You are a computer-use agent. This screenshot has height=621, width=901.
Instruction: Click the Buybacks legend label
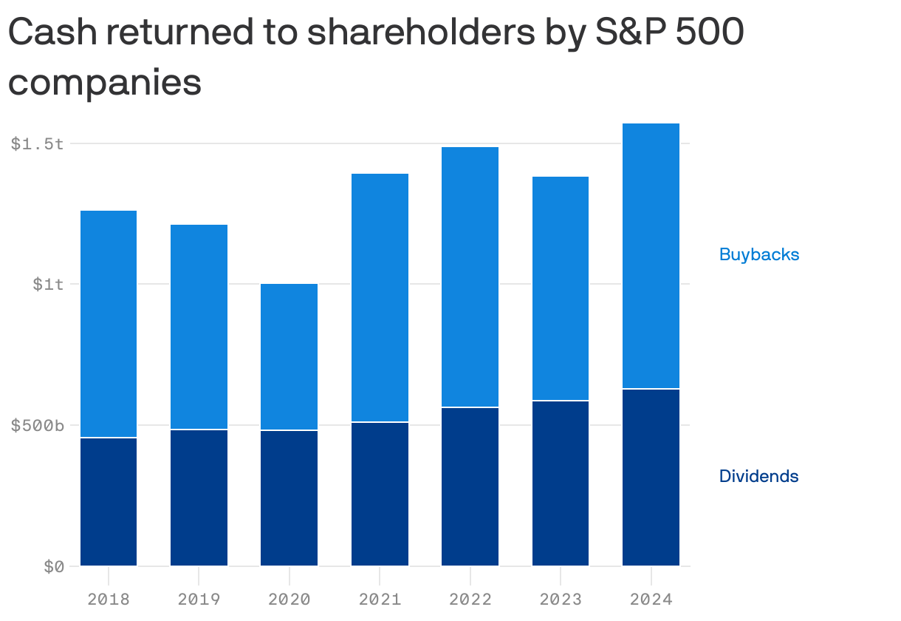point(759,254)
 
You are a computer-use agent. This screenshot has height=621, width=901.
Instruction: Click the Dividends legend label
point(758,476)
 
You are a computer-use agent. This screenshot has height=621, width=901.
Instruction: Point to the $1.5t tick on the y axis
point(37,143)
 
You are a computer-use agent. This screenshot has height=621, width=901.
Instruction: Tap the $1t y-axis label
point(48,284)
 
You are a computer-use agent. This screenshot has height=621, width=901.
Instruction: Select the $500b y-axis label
point(38,425)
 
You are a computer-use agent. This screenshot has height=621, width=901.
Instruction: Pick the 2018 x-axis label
point(109,598)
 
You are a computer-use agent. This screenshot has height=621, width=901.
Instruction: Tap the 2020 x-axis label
point(289,598)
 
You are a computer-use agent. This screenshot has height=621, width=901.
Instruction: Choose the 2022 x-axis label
point(470,598)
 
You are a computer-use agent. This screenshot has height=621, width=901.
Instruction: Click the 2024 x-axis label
point(651,598)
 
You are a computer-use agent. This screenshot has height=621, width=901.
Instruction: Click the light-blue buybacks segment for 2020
point(289,356)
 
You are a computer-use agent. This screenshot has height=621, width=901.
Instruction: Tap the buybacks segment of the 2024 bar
point(651,256)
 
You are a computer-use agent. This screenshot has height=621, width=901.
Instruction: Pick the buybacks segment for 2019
point(199,327)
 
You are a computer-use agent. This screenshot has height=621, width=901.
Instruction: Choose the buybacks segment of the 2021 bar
point(380,297)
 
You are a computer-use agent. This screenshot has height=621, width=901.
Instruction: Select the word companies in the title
point(105,81)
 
